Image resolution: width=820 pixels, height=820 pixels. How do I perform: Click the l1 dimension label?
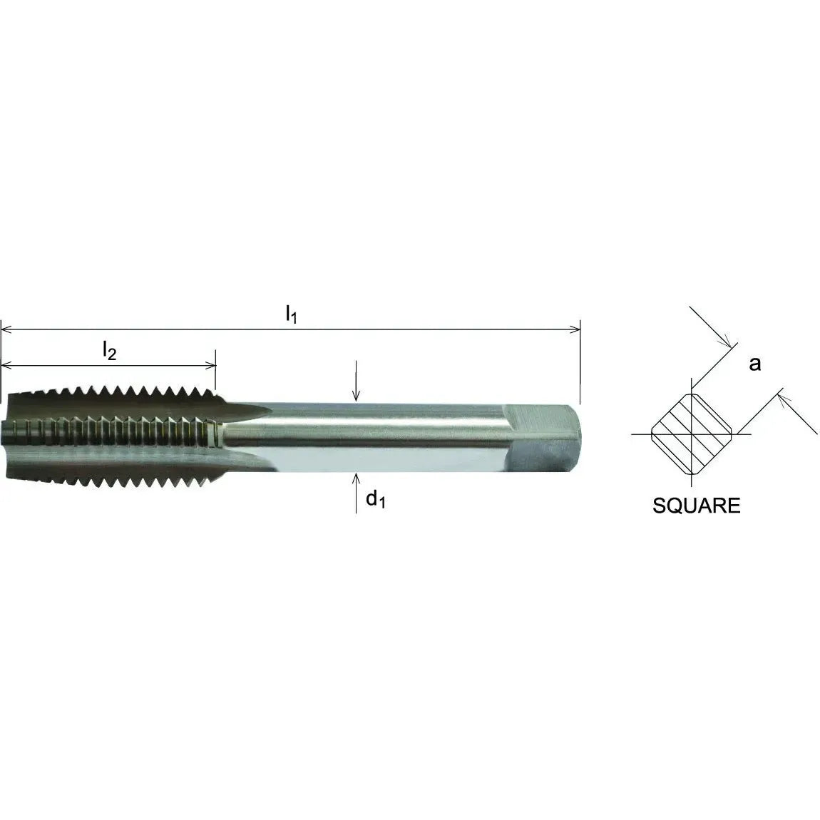pos(290,314)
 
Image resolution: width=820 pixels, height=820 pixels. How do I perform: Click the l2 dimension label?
pos(108,350)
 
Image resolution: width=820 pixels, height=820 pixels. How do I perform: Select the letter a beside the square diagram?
pos(754,364)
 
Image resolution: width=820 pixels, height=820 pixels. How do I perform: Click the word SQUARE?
pos(696,506)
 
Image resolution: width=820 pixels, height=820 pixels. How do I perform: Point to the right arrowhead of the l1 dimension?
pos(574,329)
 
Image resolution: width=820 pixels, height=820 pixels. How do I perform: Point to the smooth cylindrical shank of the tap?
pos(385,435)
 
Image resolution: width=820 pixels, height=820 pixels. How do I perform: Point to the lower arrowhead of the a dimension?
pos(783,394)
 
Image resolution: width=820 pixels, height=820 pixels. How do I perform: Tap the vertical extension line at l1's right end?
pos(580,364)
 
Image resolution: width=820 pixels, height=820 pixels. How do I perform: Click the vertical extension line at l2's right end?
pos(215,374)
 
